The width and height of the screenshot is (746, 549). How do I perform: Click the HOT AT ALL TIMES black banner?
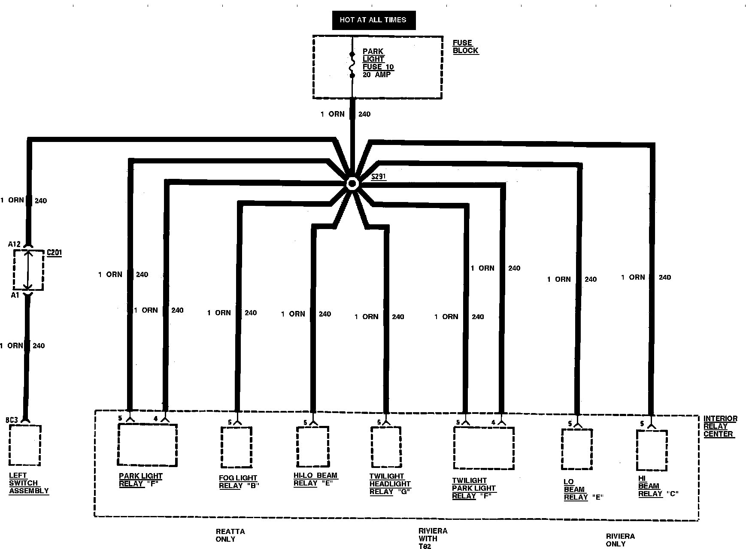[x=373, y=20]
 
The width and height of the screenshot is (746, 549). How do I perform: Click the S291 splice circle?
[x=352, y=184]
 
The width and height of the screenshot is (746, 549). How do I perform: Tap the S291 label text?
[x=378, y=176]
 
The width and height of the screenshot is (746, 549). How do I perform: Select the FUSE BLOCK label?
[x=465, y=47]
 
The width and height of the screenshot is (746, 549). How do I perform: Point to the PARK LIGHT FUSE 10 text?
[x=378, y=63]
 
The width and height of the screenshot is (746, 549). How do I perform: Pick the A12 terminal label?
[x=14, y=244]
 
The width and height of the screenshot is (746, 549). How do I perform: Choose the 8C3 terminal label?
[x=12, y=420]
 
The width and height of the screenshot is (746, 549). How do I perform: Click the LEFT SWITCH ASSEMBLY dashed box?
[x=25, y=445]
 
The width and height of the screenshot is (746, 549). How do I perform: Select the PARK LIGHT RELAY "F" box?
[x=147, y=445]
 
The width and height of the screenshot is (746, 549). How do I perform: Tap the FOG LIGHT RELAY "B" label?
[x=239, y=482]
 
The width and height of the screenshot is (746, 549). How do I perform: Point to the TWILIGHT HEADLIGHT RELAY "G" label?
[x=390, y=484]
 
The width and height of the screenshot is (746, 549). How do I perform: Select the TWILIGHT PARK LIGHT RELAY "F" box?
[x=484, y=448]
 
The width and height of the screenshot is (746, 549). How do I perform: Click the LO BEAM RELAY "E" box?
[x=577, y=449]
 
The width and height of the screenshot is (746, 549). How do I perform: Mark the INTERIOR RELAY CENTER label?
[x=720, y=426]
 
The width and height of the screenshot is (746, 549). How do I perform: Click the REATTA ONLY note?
[x=230, y=535]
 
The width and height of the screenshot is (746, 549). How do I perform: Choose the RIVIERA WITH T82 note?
[x=433, y=538]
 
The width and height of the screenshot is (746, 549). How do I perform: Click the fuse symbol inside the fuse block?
[x=352, y=65]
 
